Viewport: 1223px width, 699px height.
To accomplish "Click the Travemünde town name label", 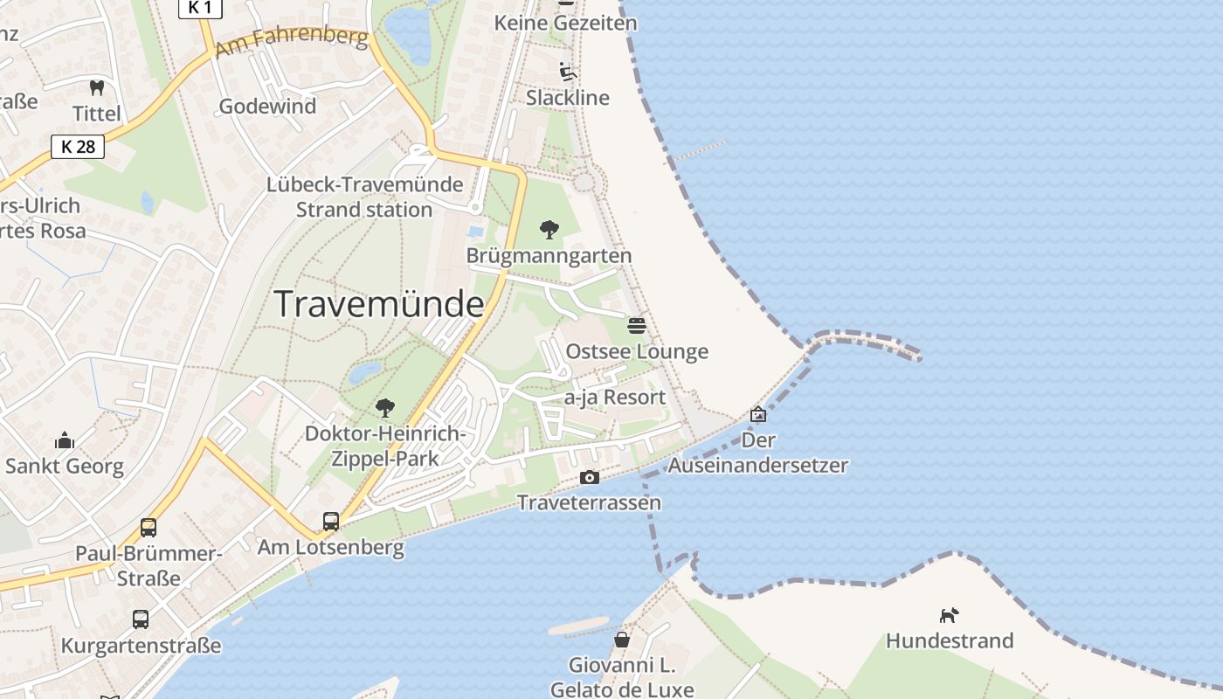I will (379, 304).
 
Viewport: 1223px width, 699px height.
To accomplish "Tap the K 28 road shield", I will (78, 147).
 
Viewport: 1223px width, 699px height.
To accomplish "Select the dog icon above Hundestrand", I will (949, 615).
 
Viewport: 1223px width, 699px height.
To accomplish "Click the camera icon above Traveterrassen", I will (590, 477).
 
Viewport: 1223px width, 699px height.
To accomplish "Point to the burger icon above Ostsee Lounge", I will (637, 326).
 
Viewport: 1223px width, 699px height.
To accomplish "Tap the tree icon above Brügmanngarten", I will (549, 230).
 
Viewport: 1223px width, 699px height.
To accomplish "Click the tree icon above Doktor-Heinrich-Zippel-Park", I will (384, 407).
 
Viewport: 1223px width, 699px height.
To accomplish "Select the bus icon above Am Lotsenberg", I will (331, 522).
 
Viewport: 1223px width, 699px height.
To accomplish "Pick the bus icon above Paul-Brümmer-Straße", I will (149, 528).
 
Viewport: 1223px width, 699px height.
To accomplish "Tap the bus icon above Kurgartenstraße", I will (141, 619).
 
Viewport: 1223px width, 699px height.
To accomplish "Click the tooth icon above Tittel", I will (97, 87).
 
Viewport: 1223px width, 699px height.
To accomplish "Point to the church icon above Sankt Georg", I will (65, 440).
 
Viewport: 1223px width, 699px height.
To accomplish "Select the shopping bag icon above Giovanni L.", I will (622, 640).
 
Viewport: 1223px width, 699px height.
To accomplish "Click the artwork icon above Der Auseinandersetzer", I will (758, 414).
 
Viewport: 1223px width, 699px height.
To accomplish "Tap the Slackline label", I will (568, 98).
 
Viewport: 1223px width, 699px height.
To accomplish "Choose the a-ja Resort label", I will (615, 398).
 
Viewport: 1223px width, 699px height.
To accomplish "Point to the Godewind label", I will (267, 107).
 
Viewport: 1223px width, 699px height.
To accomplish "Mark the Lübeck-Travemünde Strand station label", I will (364, 197).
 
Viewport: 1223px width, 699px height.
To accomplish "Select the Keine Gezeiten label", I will (566, 23).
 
